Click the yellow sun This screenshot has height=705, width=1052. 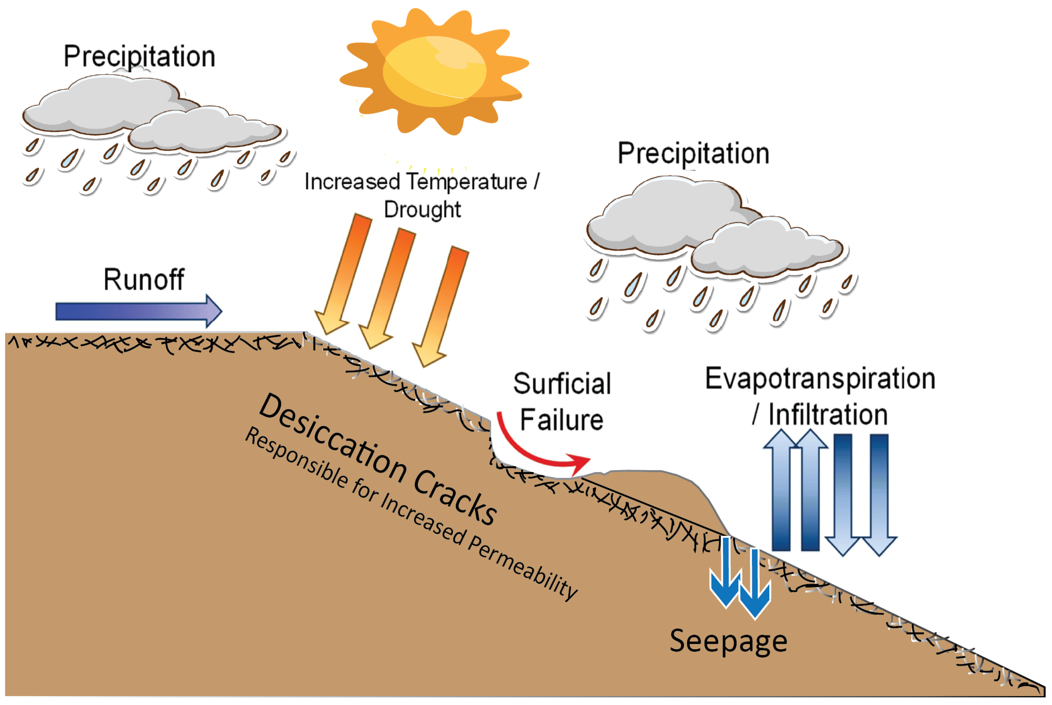[x=434, y=72]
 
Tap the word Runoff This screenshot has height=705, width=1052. [x=144, y=280]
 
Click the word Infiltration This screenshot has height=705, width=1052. [x=828, y=414]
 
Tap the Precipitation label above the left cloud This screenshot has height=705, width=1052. [x=139, y=57]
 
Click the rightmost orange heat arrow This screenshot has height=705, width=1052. [x=441, y=306]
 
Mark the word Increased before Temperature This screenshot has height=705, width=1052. [x=352, y=182]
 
